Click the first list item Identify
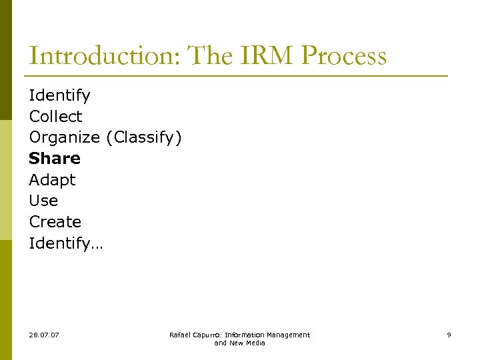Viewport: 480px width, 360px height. click(x=59, y=95)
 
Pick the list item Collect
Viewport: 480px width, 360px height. click(x=55, y=117)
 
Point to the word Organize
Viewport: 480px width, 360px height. click(x=64, y=138)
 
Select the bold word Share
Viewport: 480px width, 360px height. click(x=55, y=159)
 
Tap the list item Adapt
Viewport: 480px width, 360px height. click(x=52, y=180)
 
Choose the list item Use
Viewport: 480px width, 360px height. click(x=43, y=201)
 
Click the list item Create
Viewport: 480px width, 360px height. click(x=55, y=222)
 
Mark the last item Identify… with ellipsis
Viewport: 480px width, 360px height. click(x=66, y=243)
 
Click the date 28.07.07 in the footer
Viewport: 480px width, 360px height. click(x=44, y=335)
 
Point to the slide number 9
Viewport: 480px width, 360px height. click(x=449, y=335)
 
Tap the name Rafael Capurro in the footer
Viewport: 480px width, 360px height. click(x=195, y=335)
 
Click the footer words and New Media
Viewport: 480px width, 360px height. click(x=239, y=343)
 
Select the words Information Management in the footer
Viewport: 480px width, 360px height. click(x=267, y=335)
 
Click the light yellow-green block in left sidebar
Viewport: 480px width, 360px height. click(x=6, y=180)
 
